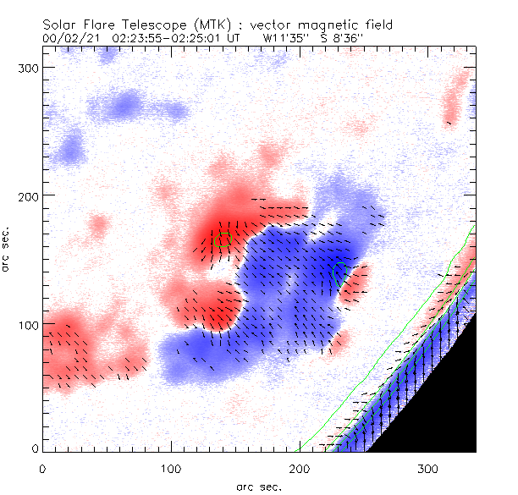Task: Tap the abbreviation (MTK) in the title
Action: pos(197,25)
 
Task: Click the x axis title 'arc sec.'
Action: pos(258,486)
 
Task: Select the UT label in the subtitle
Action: pos(235,38)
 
